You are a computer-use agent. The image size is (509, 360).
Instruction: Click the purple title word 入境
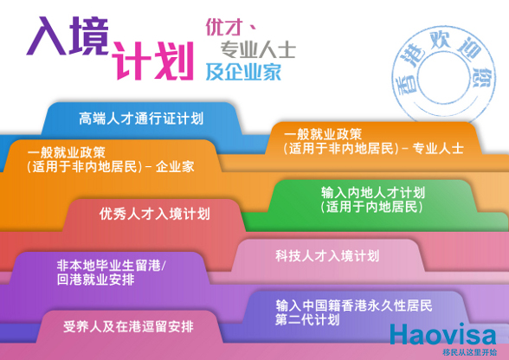68,36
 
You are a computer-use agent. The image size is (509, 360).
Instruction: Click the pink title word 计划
153,61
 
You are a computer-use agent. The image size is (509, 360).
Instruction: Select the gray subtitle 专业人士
258,49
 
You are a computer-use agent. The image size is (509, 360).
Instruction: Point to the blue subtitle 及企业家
243,72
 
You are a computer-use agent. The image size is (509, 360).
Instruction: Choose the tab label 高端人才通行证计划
141,119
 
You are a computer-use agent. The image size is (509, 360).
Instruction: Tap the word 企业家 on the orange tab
175,167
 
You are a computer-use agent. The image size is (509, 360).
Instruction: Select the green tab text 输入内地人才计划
372,192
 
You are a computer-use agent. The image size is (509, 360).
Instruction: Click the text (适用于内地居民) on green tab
372,207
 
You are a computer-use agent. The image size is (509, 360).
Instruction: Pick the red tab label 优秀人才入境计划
154,214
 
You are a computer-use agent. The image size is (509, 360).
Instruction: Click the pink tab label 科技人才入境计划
327,256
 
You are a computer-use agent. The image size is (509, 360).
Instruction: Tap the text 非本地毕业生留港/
112,265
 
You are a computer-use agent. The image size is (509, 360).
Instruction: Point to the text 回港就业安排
96,280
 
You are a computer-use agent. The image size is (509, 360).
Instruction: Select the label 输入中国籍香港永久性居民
354,305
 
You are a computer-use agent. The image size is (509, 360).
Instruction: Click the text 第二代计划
307,319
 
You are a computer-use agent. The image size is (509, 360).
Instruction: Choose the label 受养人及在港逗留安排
128,326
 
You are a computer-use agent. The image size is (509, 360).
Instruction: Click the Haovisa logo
443,334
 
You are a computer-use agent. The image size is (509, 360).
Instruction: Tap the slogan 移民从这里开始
470,352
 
